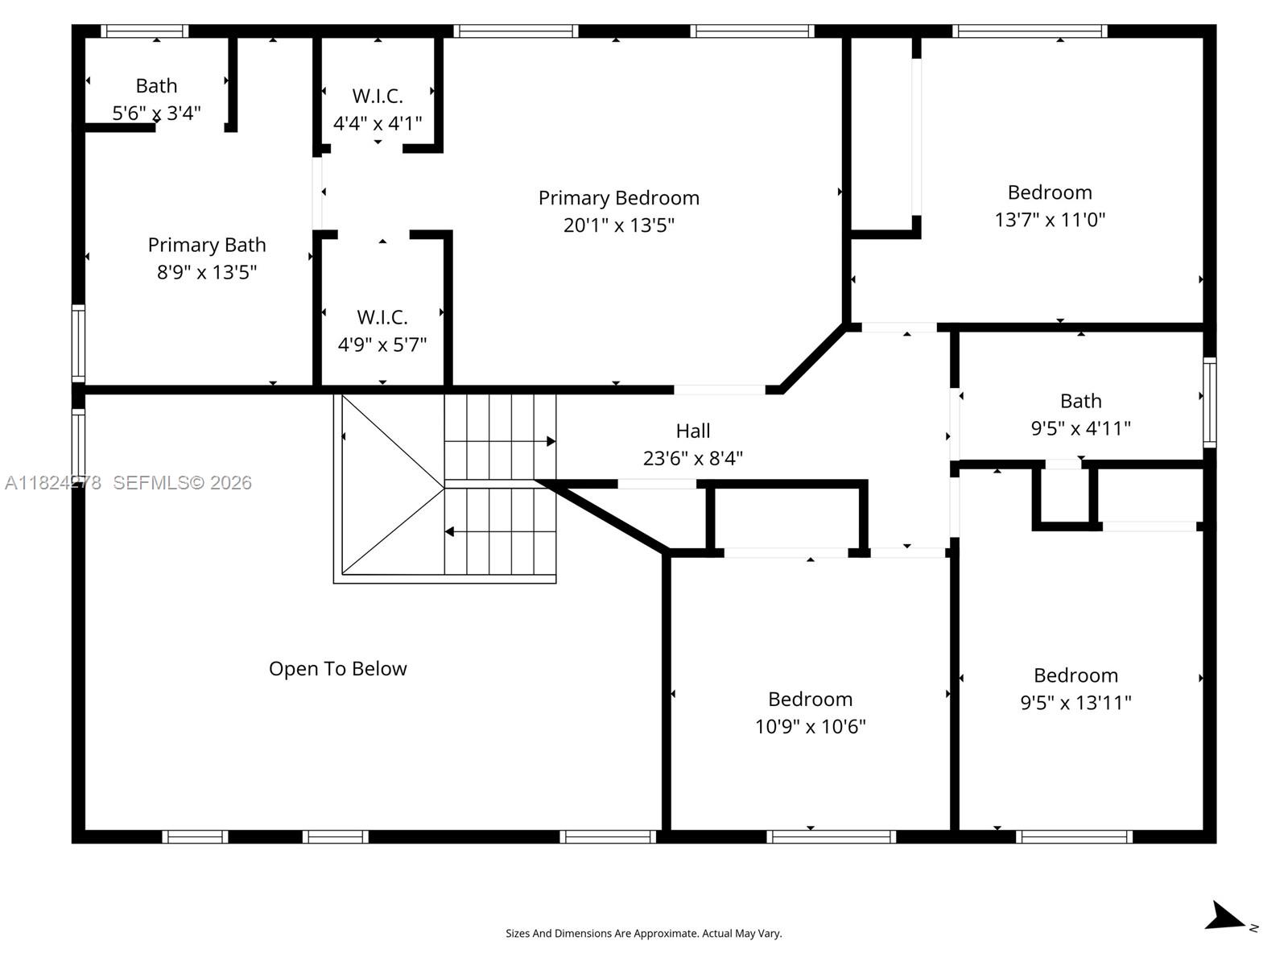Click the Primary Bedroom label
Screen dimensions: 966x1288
[618, 198]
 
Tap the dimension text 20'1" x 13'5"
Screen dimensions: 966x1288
[618, 225]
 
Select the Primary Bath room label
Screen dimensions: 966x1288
[207, 245]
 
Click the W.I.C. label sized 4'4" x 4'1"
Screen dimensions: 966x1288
[378, 97]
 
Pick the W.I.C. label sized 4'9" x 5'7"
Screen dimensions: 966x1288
[382, 317]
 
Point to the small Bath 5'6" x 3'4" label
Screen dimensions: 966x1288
[156, 86]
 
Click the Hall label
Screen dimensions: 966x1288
[692, 431]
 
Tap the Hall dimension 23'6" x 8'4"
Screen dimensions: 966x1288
[692, 459]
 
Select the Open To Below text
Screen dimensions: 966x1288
[337, 669]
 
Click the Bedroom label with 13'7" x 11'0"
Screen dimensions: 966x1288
[1050, 192]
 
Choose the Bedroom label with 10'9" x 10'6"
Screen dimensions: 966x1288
[810, 700]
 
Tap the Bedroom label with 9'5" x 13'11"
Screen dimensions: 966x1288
[1075, 675]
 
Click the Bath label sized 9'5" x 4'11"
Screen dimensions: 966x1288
[1080, 401]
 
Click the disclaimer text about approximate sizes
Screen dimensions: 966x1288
[643, 934]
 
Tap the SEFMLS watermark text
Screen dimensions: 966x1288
[182, 483]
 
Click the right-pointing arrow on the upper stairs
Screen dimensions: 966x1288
[551, 441]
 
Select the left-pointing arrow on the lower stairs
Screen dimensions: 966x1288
[449, 532]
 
